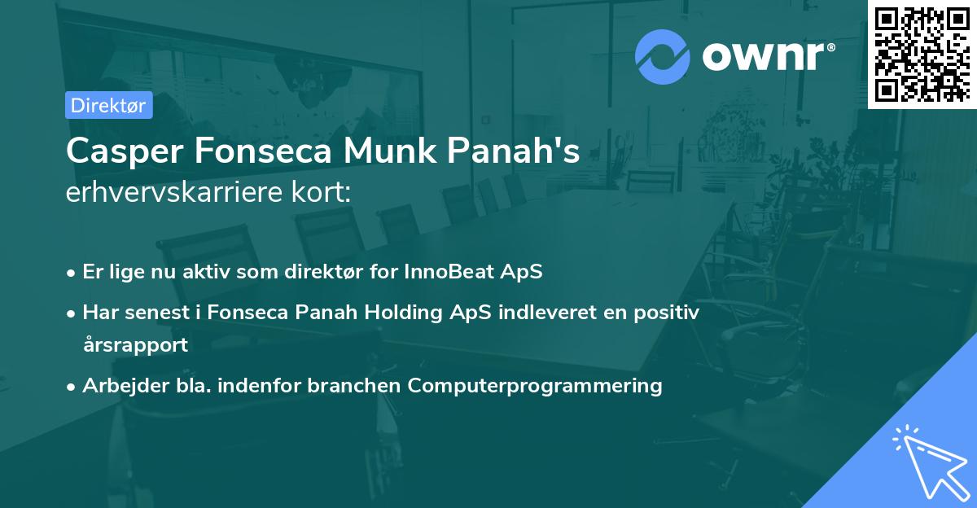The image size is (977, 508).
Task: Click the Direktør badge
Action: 108,105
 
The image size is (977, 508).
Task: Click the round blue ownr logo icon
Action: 663,56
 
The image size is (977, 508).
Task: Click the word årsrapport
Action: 135,344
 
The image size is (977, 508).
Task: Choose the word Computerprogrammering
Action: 535,385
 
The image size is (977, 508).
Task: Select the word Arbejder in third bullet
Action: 120,385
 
